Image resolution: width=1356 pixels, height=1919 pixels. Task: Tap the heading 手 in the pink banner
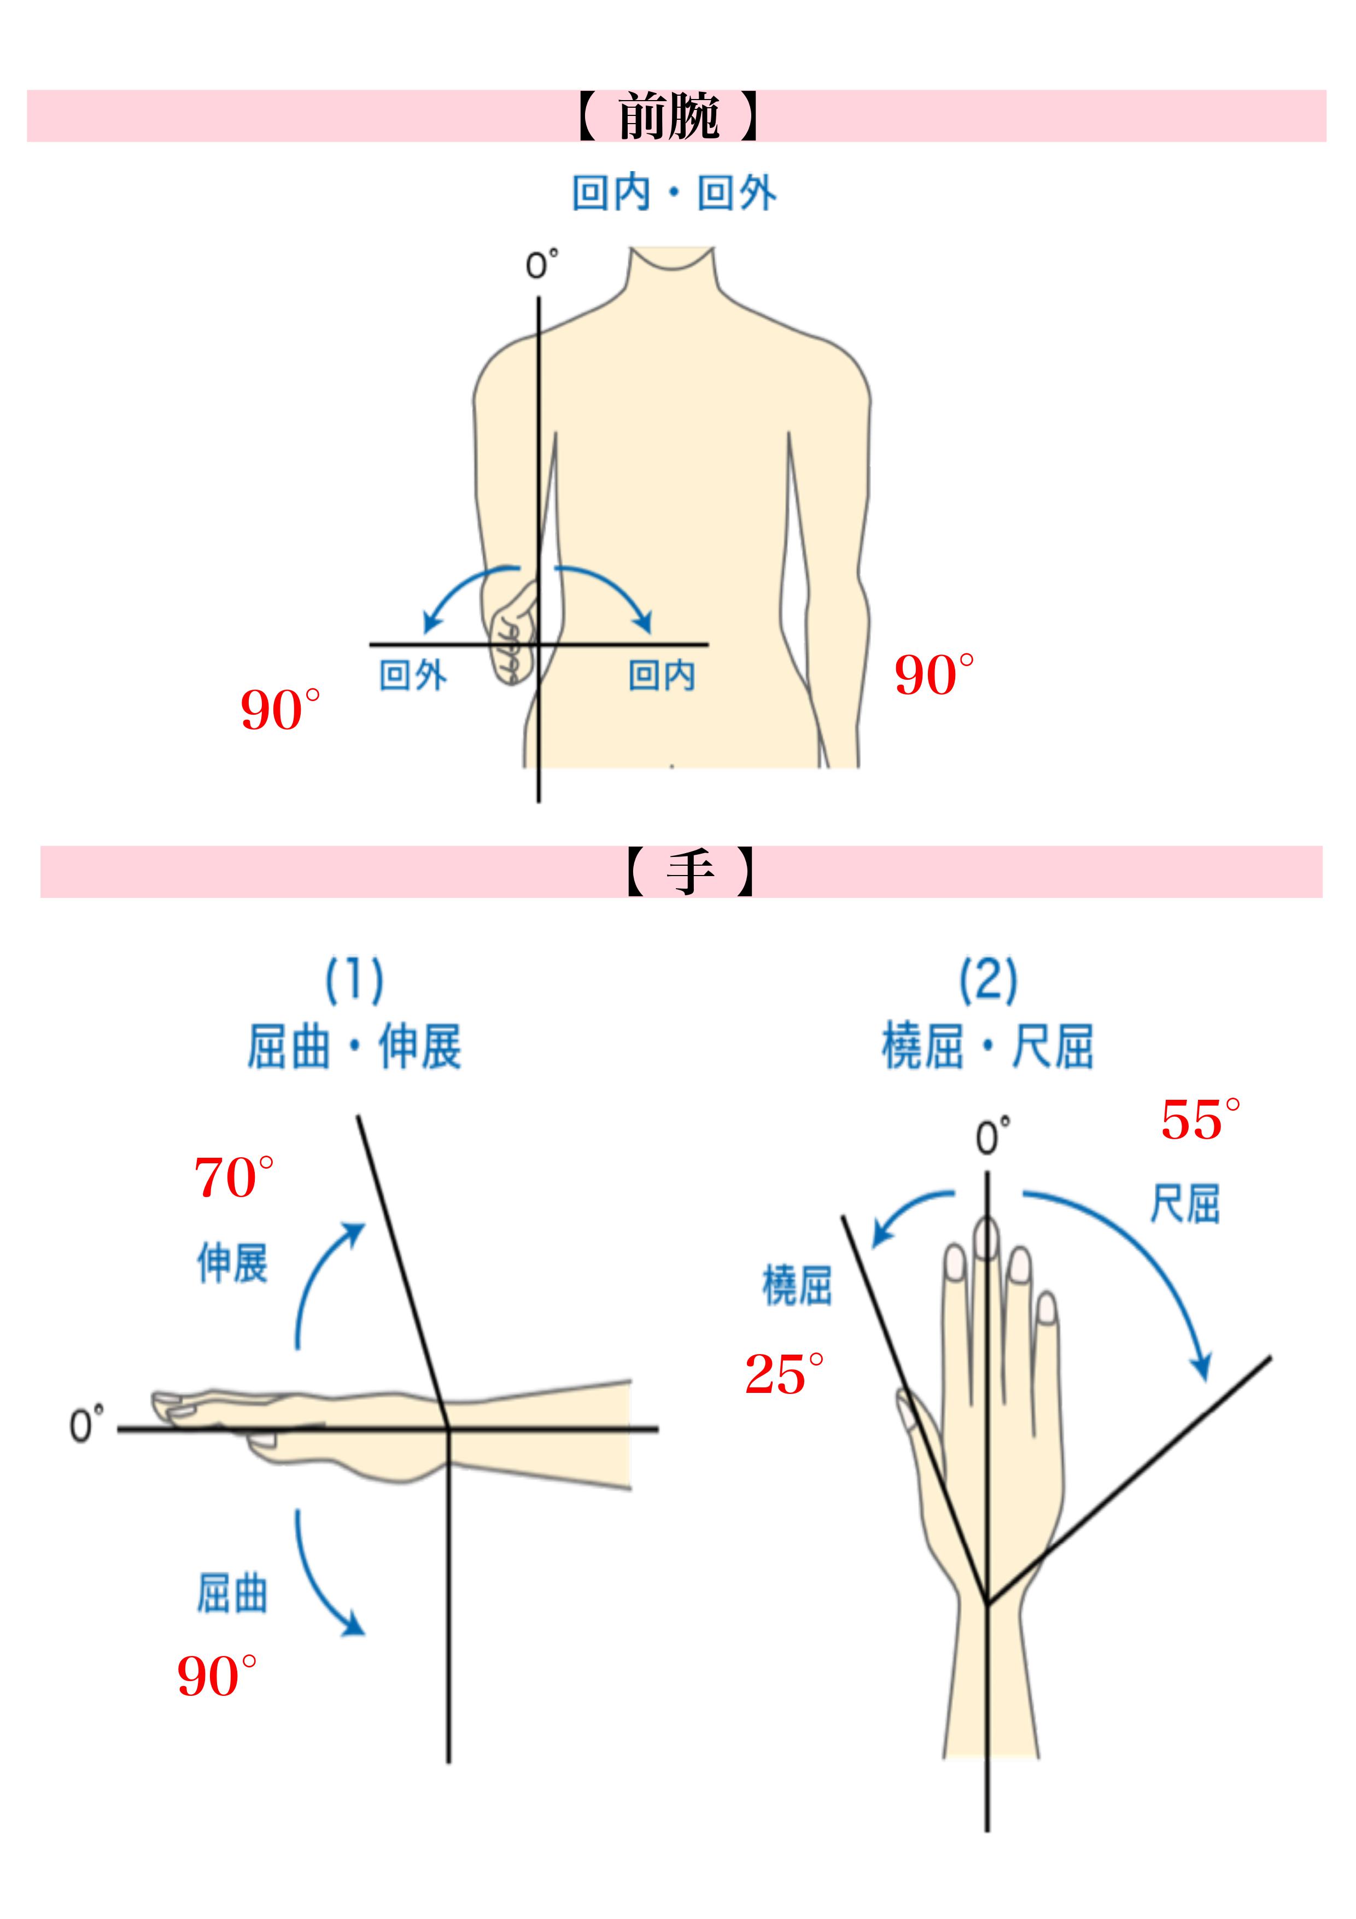[x=690, y=872]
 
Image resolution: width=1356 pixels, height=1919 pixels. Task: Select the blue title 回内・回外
[x=674, y=193]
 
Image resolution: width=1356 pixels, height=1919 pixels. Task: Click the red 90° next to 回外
[x=279, y=710]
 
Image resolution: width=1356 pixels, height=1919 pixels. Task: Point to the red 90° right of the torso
[x=933, y=675]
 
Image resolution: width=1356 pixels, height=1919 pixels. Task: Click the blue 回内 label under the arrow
[x=662, y=675]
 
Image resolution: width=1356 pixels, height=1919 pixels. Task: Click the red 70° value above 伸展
[x=233, y=1177]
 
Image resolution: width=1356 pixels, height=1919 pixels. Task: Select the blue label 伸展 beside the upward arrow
[x=232, y=1262]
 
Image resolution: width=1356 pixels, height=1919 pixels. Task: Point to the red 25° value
[x=783, y=1374]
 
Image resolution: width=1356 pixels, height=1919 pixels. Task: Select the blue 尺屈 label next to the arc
[x=1185, y=1204]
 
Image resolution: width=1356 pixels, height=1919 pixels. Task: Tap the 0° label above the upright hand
[x=992, y=1137]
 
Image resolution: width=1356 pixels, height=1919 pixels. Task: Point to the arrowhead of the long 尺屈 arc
[x=1202, y=1369]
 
